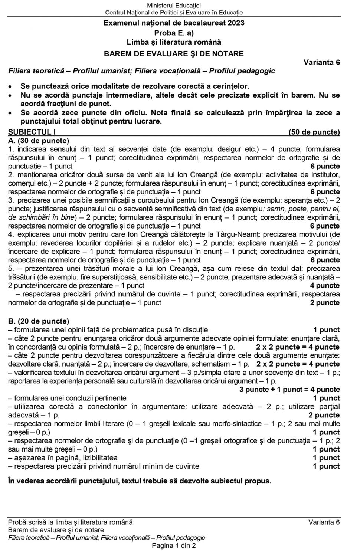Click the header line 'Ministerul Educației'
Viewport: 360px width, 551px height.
pyautogui.click(x=174, y=5)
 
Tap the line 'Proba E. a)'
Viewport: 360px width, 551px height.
pyautogui.click(x=174, y=33)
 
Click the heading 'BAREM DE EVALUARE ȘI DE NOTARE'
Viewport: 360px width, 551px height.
pyautogui.click(x=174, y=54)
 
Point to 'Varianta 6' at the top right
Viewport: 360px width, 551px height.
pyautogui.click(x=321, y=62)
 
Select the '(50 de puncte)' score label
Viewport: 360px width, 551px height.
pyautogui.click(x=314, y=132)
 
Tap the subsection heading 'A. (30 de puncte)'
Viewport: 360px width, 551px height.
pyautogui.click(x=39, y=141)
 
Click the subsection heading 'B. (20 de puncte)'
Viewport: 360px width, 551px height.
pyautogui.click(x=39, y=321)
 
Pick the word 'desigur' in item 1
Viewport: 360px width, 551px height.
pyautogui.click(x=232, y=150)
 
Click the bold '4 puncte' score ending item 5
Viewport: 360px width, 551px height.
pyautogui.click(x=325, y=286)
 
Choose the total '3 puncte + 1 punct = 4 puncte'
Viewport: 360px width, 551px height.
pyautogui.click(x=289, y=390)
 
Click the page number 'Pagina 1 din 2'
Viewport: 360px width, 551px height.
pyautogui.click(x=174, y=545)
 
